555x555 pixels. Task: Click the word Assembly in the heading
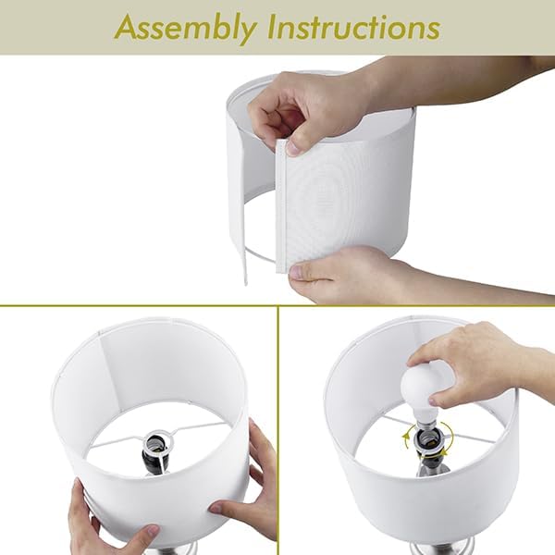[186, 29]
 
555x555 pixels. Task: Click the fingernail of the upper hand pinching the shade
[293, 148]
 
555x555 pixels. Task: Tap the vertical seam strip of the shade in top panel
[280, 205]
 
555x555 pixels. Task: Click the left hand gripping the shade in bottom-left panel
[106, 517]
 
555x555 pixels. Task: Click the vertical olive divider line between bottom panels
[278, 430]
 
